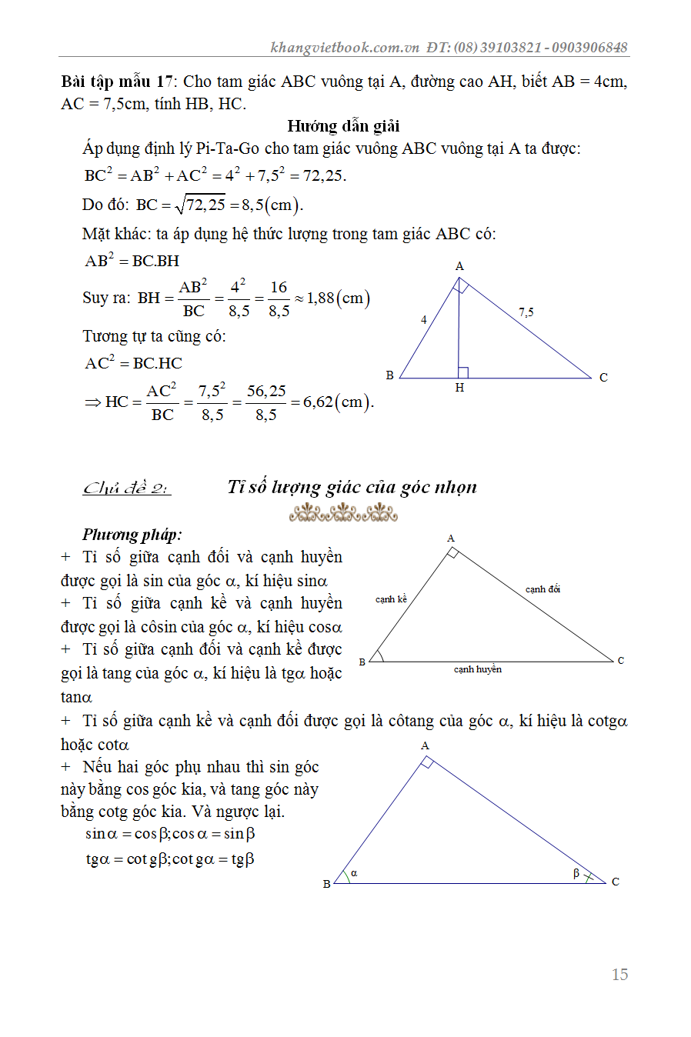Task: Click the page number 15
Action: tap(619, 975)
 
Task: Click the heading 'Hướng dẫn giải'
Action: tap(343, 126)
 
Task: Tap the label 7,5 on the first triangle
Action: tap(526, 312)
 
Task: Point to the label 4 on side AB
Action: tap(424, 319)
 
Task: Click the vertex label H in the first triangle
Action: tap(459, 388)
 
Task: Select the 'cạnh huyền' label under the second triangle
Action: tap(477, 669)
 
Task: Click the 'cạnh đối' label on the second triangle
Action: tap(542, 589)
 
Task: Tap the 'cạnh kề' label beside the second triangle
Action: tap(391, 599)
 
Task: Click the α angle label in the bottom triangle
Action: tap(354, 873)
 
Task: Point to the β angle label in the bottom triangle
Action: tap(576, 873)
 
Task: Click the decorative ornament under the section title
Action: tap(343, 512)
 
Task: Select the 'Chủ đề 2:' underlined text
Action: tap(127, 488)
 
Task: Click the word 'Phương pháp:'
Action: tap(132, 535)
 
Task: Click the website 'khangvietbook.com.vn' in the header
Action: tap(345, 48)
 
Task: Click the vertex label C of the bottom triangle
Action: tap(616, 882)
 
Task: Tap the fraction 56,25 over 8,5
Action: tap(266, 402)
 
